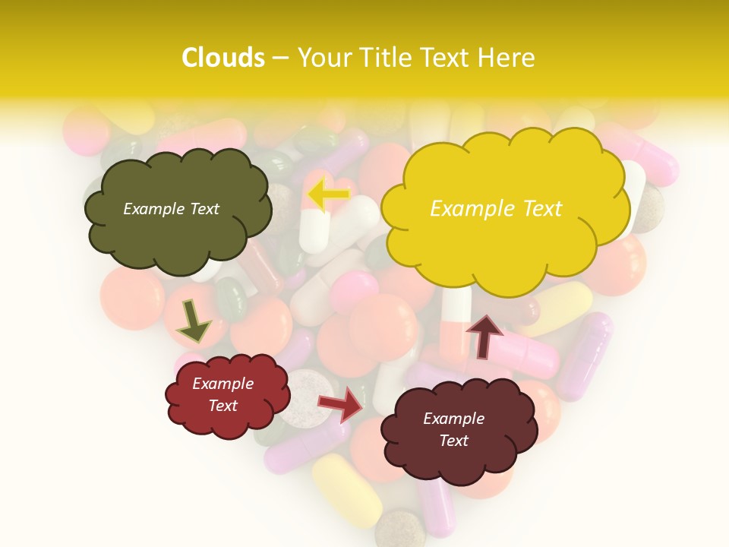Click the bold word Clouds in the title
[223, 58]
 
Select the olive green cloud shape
[176, 210]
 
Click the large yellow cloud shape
[505, 208]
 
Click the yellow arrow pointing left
[329, 195]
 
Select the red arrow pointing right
[341, 405]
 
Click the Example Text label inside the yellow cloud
[496, 208]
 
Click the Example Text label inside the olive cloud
[171, 209]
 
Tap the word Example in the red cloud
[222, 384]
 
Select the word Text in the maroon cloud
[454, 441]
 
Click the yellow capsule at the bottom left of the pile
[346, 495]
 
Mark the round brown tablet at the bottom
[400, 529]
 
